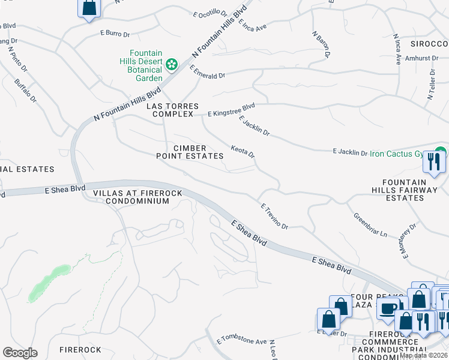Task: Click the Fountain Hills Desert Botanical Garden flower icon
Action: click(171, 64)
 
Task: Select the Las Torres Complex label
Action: click(172, 110)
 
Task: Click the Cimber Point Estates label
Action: click(190, 152)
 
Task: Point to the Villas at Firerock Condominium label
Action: click(131, 197)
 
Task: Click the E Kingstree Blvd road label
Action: click(231, 110)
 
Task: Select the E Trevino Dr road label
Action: click(275, 216)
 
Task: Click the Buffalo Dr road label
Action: click(26, 91)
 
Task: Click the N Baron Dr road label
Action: click(321, 44)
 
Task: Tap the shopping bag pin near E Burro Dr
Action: click(89, 8)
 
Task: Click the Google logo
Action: click(20, 353)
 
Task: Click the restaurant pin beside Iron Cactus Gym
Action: click(433, 162)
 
